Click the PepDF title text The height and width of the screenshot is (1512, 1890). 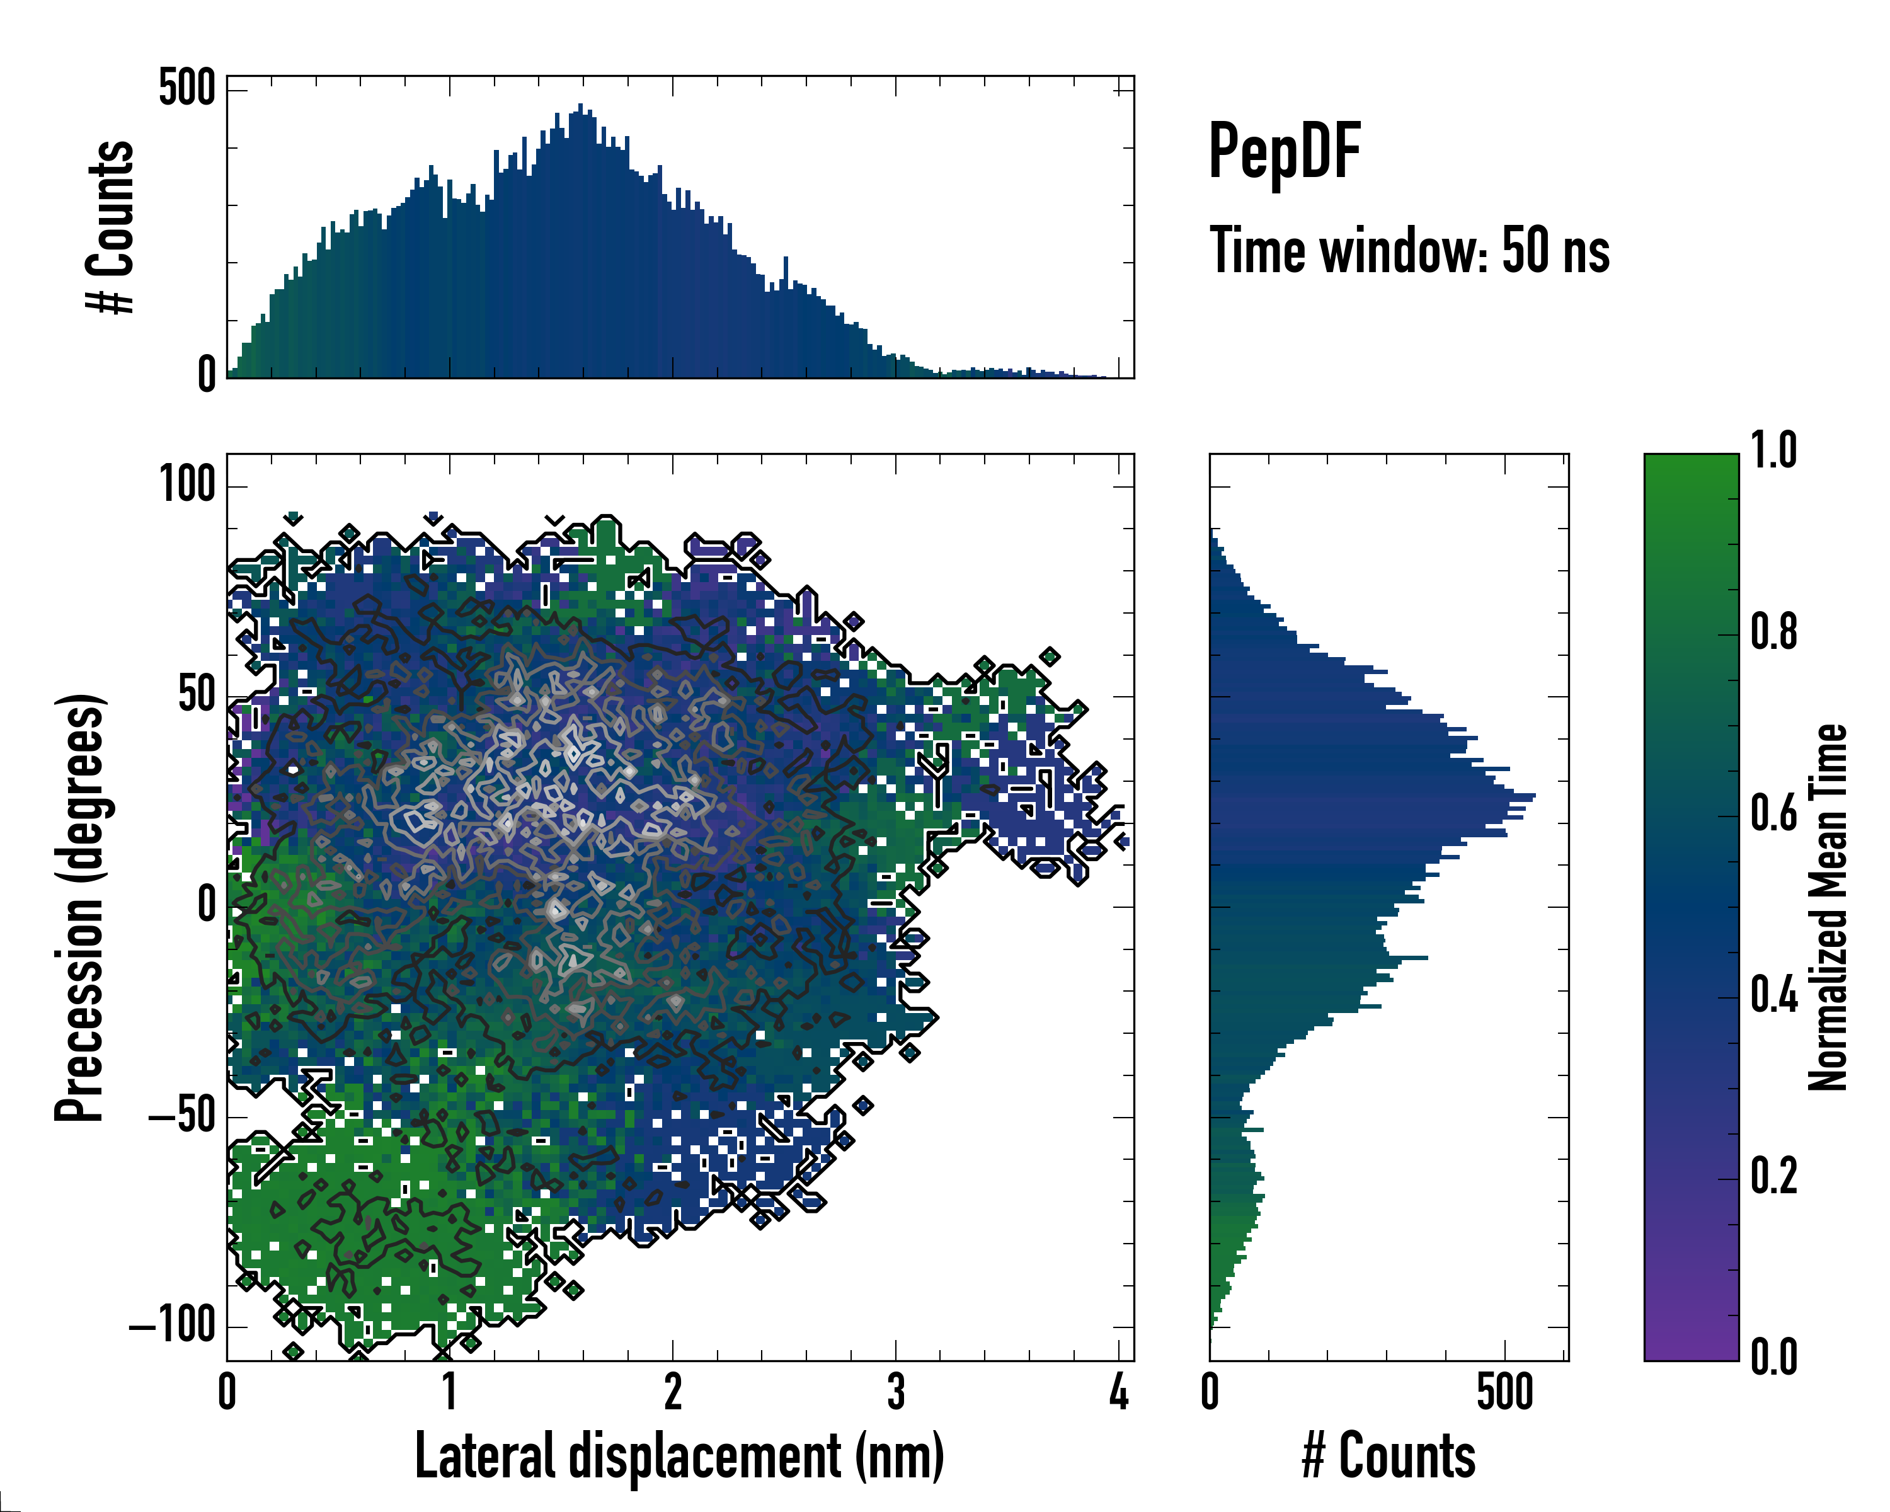point(1283,152)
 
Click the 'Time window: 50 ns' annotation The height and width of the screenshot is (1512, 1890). point(1409,251)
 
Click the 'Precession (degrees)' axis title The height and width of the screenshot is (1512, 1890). point(81,907)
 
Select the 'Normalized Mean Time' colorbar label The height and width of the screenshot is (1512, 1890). point(1828,907)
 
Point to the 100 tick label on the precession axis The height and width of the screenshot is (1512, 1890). point(186,484)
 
